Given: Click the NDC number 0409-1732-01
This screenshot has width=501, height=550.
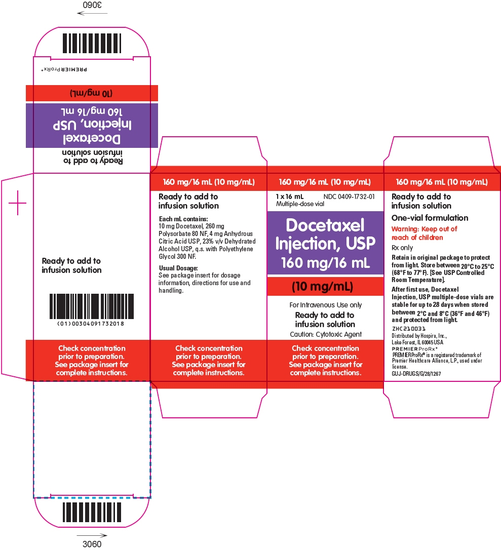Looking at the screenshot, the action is tap(349, 197).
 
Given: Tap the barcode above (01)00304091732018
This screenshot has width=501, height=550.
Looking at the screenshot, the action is tap(92, 306).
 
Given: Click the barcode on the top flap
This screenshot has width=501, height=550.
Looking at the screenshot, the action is tap(92, 43).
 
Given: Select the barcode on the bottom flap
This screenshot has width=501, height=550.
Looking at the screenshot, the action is tap(92, 512).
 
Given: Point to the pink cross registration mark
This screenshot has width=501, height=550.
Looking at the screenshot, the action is tap(17, 203).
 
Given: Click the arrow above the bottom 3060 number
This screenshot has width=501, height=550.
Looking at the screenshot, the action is tap(92, 535).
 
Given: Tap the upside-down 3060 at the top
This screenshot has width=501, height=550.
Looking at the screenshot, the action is tap(92, 5).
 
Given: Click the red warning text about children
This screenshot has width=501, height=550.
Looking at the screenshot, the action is tap(424, 233).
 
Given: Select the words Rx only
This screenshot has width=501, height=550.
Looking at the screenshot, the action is tap(402, 248).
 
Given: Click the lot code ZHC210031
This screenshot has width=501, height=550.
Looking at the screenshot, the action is tap(408, 329).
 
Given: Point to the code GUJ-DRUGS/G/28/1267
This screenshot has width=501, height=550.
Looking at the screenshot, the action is tap(416, 374).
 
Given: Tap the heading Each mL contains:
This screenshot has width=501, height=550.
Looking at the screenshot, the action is tap(183, 219).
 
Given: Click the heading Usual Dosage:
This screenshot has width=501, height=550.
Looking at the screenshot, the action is tap(178, 268).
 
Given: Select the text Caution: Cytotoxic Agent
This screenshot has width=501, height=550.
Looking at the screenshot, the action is tap(326, 334).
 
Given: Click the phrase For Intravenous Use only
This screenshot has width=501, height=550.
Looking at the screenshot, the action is tap(326, 305).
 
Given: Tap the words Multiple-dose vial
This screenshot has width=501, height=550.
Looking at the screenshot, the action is tap(300, 204).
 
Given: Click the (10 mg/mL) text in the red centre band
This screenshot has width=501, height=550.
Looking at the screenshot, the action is tap(322, 287).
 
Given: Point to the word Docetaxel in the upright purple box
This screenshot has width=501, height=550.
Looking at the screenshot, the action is tap(325, 225).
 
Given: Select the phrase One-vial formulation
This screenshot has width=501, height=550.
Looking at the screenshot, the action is tap(430, 218).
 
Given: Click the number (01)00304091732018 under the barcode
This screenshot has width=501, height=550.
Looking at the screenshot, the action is tap(91, 324).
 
